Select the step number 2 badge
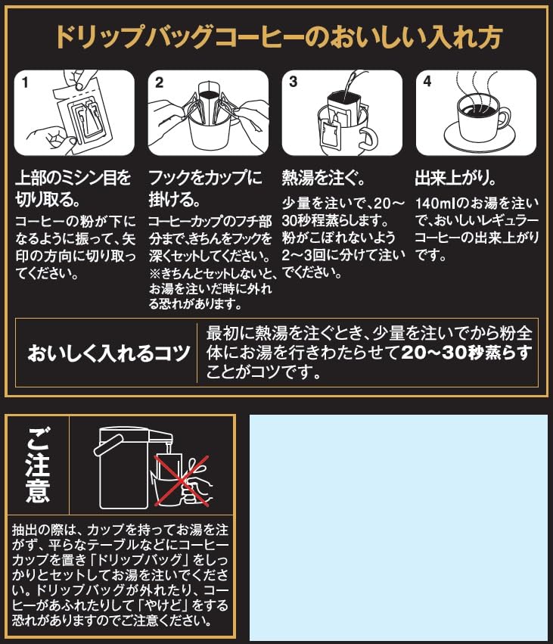point(159,82)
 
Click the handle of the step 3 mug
point(368,138)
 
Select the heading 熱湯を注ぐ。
point(325,179)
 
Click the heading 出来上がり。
point(456,179)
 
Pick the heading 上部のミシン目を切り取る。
point(73,190)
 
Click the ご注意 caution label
point(36,465)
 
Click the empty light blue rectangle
point(398,527)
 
